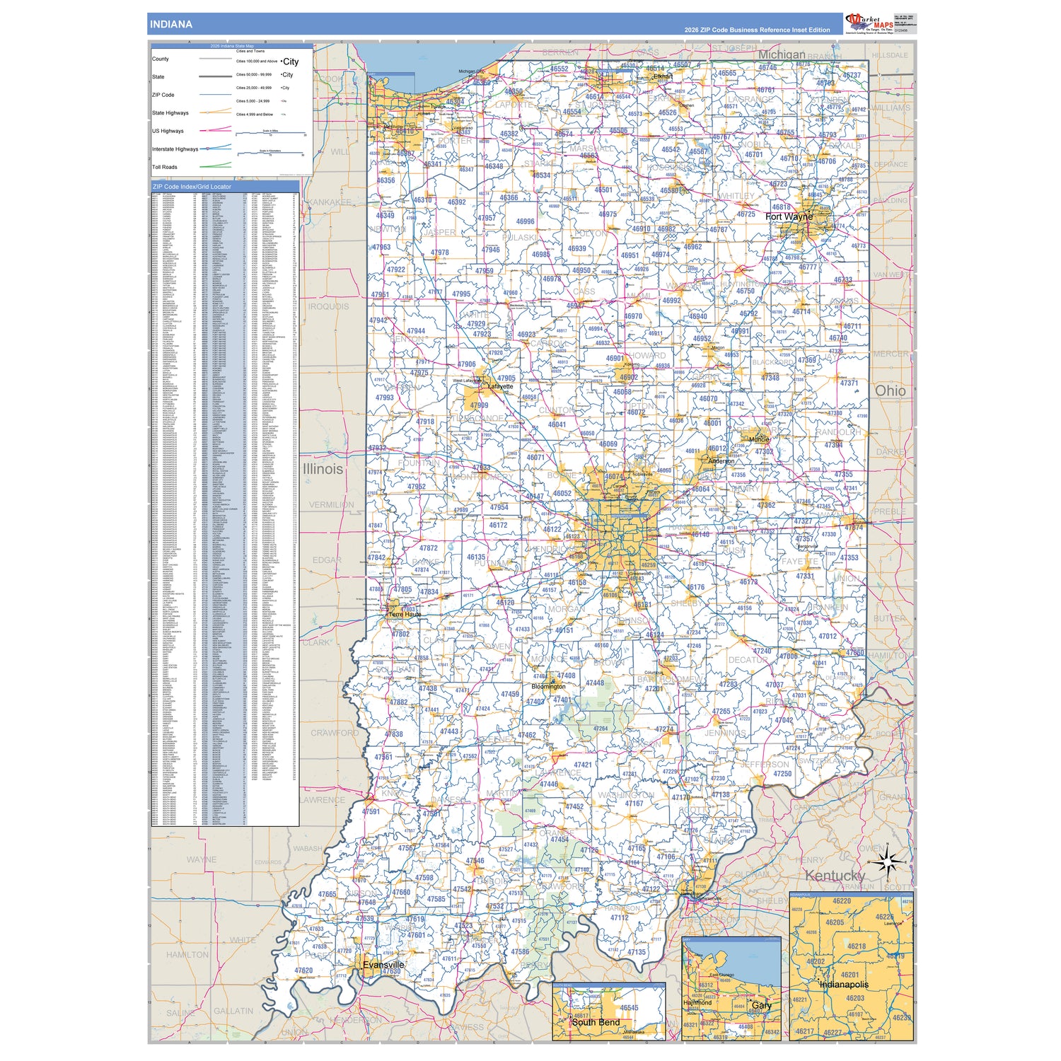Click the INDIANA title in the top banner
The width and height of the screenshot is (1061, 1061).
point(170,24)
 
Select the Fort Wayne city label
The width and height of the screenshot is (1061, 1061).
point(789,216)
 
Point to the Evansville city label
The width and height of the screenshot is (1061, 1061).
point(383,965)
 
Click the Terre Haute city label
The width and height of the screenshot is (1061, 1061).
point(405,615)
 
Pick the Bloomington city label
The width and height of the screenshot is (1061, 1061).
point(548,686)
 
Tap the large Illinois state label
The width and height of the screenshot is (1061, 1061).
point(323,469)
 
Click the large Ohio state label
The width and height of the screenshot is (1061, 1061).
point(890,390)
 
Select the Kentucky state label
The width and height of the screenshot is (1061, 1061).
point(835,876)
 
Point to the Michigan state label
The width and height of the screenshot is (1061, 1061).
point(782,54)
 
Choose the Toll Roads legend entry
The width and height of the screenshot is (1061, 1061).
point(165,167)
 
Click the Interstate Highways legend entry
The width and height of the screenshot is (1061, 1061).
point(175,149)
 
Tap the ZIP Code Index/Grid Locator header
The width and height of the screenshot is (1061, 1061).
point(192,187)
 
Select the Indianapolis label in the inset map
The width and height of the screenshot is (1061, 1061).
point(844,984)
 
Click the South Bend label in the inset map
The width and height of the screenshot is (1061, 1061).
point(596,1022)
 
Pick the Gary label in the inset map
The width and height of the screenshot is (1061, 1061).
point(762,1005)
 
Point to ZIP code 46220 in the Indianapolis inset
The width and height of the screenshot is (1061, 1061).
point(842,901)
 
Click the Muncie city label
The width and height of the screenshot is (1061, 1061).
point(759,439)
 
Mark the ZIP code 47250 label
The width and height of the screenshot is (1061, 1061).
point(782,774)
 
